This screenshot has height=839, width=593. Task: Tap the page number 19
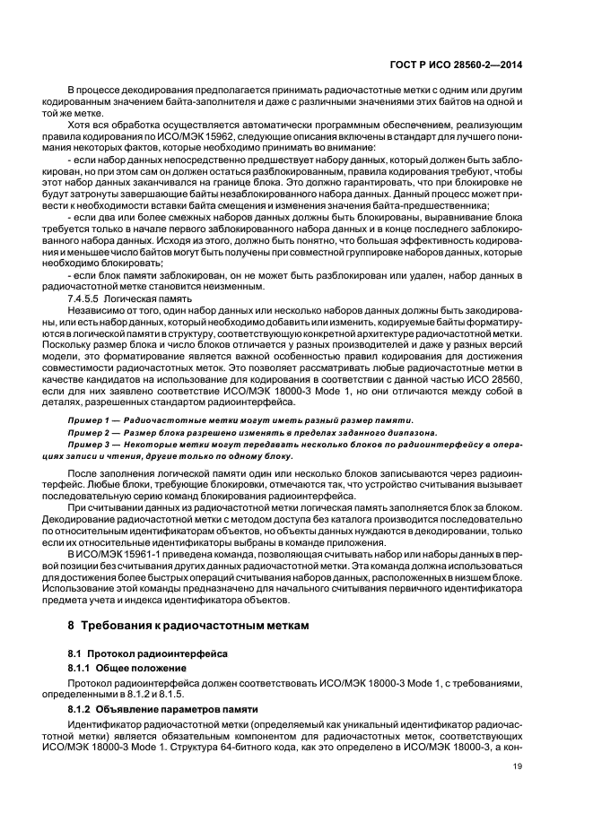(518, 766)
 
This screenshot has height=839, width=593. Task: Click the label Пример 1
(93, 419)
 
